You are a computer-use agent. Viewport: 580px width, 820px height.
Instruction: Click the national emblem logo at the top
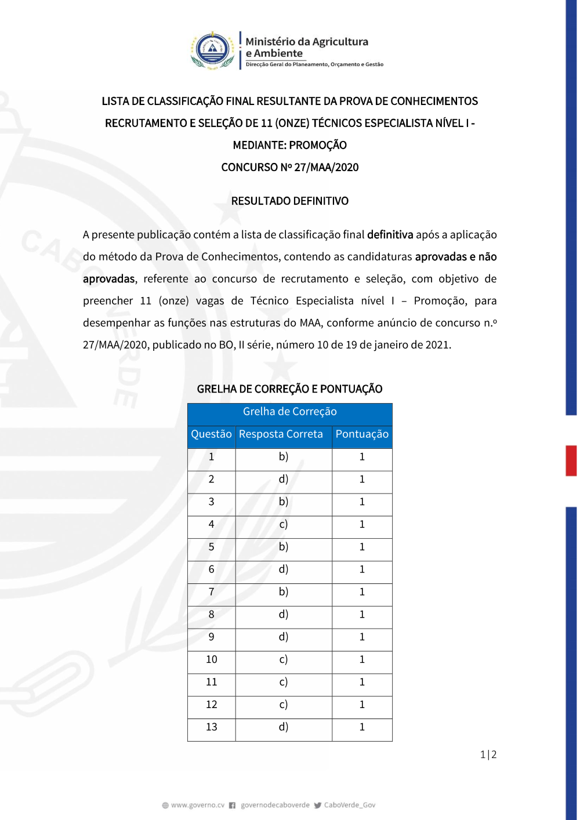click(x=213, y=50)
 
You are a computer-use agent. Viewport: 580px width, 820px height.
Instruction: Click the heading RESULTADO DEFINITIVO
click(x=290, y=201)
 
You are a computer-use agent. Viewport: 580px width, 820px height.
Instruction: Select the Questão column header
click(x=211, y=434)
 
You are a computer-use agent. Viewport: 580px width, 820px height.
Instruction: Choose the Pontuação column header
click(x=362, y=434)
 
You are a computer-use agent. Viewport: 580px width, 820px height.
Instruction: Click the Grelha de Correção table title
click(x=290, y=412)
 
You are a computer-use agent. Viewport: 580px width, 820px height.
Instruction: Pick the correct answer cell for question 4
click(x=284, y=524)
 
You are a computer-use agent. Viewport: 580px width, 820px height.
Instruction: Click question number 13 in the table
click(x=212, y=727)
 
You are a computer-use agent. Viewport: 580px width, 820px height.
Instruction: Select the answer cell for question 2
click(x=284, y=480)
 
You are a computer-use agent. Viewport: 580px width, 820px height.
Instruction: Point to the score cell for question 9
click(x=362, y=637)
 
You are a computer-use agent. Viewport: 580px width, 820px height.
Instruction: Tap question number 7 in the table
click(x=212, y=592)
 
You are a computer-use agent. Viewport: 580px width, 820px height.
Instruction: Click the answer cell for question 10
click(x=284, y=659)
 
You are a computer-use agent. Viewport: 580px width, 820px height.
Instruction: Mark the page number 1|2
click(x=488, y=754)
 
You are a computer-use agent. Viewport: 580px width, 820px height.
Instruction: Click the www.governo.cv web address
click(x=197, y=805)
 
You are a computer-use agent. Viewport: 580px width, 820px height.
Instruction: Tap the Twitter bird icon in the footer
click(x=318, y=805)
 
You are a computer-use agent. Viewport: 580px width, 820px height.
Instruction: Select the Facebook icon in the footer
click(x=232, y=805)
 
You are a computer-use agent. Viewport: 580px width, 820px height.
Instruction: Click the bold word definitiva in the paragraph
click(x=390, y=235)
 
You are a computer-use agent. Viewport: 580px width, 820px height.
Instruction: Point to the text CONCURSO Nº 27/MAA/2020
click(x=290, y=168)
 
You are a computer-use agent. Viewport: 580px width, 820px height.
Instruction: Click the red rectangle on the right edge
click(x=571, y=460)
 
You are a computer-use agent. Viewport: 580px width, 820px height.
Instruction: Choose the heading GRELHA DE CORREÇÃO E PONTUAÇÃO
click(x=290, y=389)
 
